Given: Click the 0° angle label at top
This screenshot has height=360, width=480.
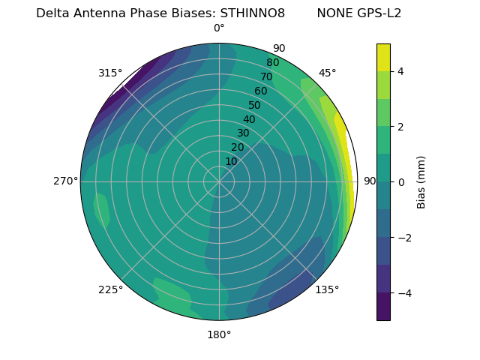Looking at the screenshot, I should (219, 28).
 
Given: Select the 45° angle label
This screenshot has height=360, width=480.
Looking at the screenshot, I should (327, 73).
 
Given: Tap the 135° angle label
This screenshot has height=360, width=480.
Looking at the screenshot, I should (327, 289).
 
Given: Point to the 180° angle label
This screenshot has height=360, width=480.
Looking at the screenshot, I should (219, 334).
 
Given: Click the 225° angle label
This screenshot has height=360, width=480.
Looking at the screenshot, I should (110, 289).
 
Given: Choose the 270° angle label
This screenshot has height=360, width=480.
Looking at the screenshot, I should (65, 181).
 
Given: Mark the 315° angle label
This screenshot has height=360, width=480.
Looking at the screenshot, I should (110, 73).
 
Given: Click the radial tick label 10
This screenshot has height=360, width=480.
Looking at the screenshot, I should (231, 161).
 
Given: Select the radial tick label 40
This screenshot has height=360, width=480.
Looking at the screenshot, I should (249, 119).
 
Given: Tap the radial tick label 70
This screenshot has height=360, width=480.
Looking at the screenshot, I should (266, 76).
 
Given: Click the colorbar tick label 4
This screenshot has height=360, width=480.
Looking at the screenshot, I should (401, 71).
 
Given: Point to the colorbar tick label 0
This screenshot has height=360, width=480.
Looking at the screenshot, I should (401, 181).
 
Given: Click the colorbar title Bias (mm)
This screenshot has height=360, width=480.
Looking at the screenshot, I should (421, 181).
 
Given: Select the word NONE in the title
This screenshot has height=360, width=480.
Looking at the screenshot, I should (334, 13).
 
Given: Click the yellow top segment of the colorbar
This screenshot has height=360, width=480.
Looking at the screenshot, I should (383, 57).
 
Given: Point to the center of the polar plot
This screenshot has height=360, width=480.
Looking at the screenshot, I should (219, 181).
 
